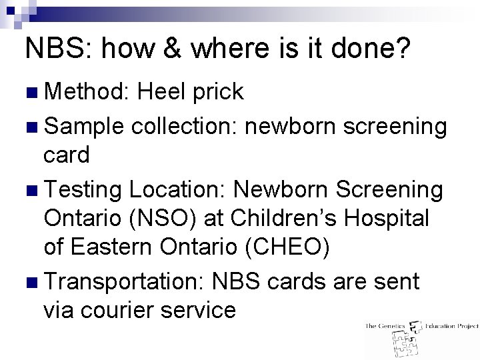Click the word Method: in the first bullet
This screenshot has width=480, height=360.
86,92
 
